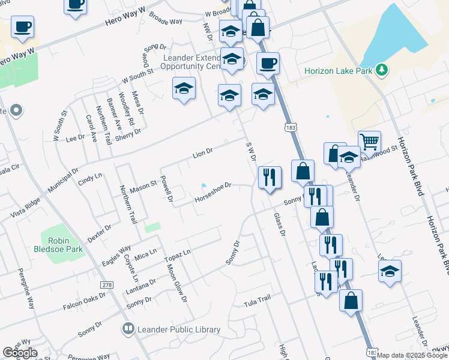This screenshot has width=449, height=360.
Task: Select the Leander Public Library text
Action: [179, 329]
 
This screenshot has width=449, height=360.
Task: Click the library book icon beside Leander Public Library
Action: [128, 329]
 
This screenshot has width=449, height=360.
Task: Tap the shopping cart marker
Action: [370, 142]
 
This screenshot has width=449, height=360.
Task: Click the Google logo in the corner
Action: [20, 353]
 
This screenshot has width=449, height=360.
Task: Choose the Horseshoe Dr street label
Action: [212, 193]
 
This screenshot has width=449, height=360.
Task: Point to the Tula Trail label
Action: [258, 299]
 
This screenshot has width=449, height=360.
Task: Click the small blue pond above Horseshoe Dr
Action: [203, 185]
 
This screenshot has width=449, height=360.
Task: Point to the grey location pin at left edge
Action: [16, 111]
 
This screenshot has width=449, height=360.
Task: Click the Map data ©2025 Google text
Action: [412, 355]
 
